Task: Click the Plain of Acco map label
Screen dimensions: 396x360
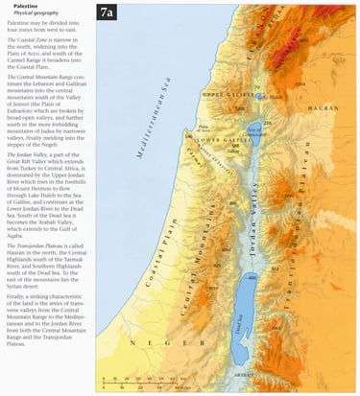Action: [204, 124]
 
